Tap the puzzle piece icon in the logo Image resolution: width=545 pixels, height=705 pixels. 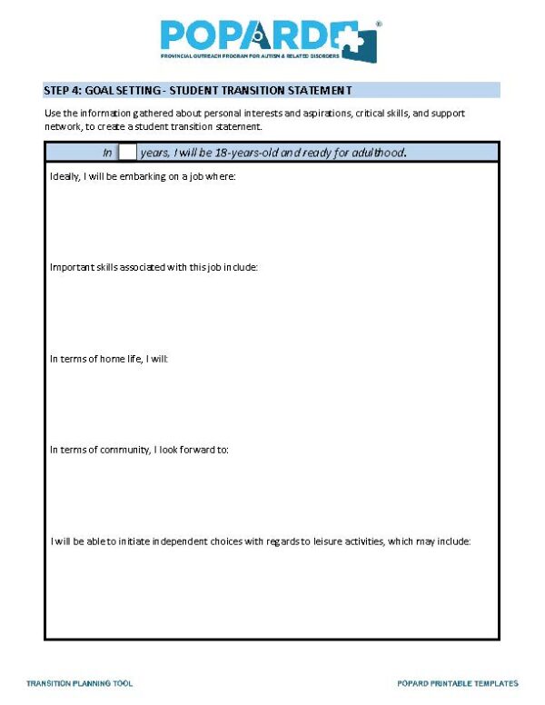tap(362, 42)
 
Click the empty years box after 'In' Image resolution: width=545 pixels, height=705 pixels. tap(128, 152)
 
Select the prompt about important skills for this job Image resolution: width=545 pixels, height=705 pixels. tap(154, 268)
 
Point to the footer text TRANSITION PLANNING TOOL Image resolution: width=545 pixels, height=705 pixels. tap(80, 683)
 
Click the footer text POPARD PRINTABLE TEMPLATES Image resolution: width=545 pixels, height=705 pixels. tap(458, 683)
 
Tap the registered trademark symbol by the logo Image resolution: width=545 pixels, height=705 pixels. tap(379, 24)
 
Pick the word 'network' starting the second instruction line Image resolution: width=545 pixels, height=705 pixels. tap(61, 125)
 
